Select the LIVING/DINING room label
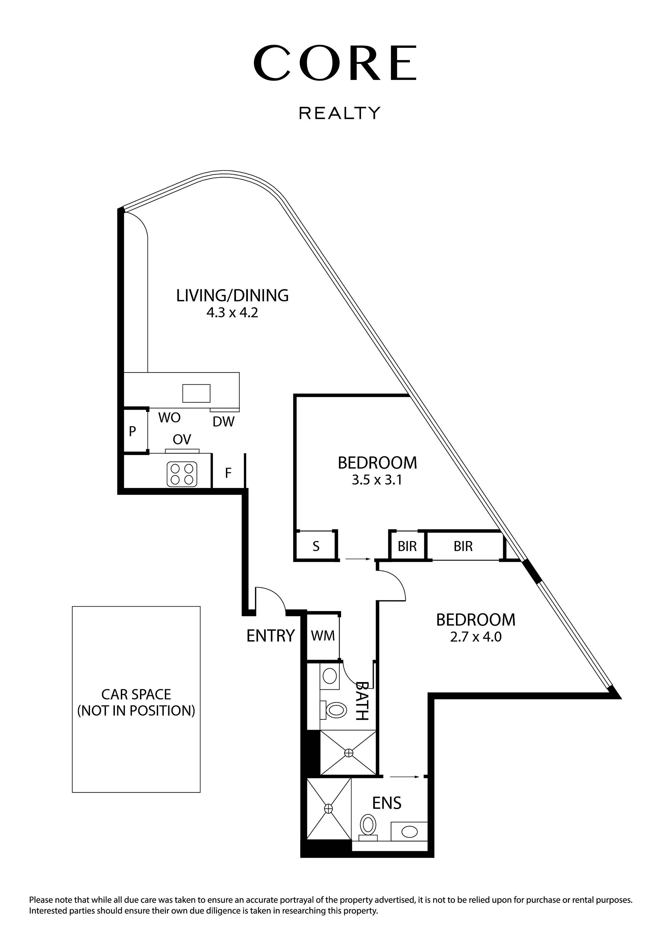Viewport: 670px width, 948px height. (x=232, y=296)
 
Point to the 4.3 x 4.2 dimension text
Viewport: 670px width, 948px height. (x=232, y=312)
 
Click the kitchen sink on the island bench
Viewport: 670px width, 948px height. (x=197, y=393)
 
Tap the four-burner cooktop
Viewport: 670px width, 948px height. (x=182, y=474)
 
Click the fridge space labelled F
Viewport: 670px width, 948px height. (x=228, y=473)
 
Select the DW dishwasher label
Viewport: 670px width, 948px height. (x=223, y=422)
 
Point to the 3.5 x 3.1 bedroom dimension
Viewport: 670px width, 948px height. (x=377, y=480)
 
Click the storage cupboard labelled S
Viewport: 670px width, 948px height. (x=316, y=546)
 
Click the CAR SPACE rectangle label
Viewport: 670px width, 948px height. (x=136, y=702)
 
